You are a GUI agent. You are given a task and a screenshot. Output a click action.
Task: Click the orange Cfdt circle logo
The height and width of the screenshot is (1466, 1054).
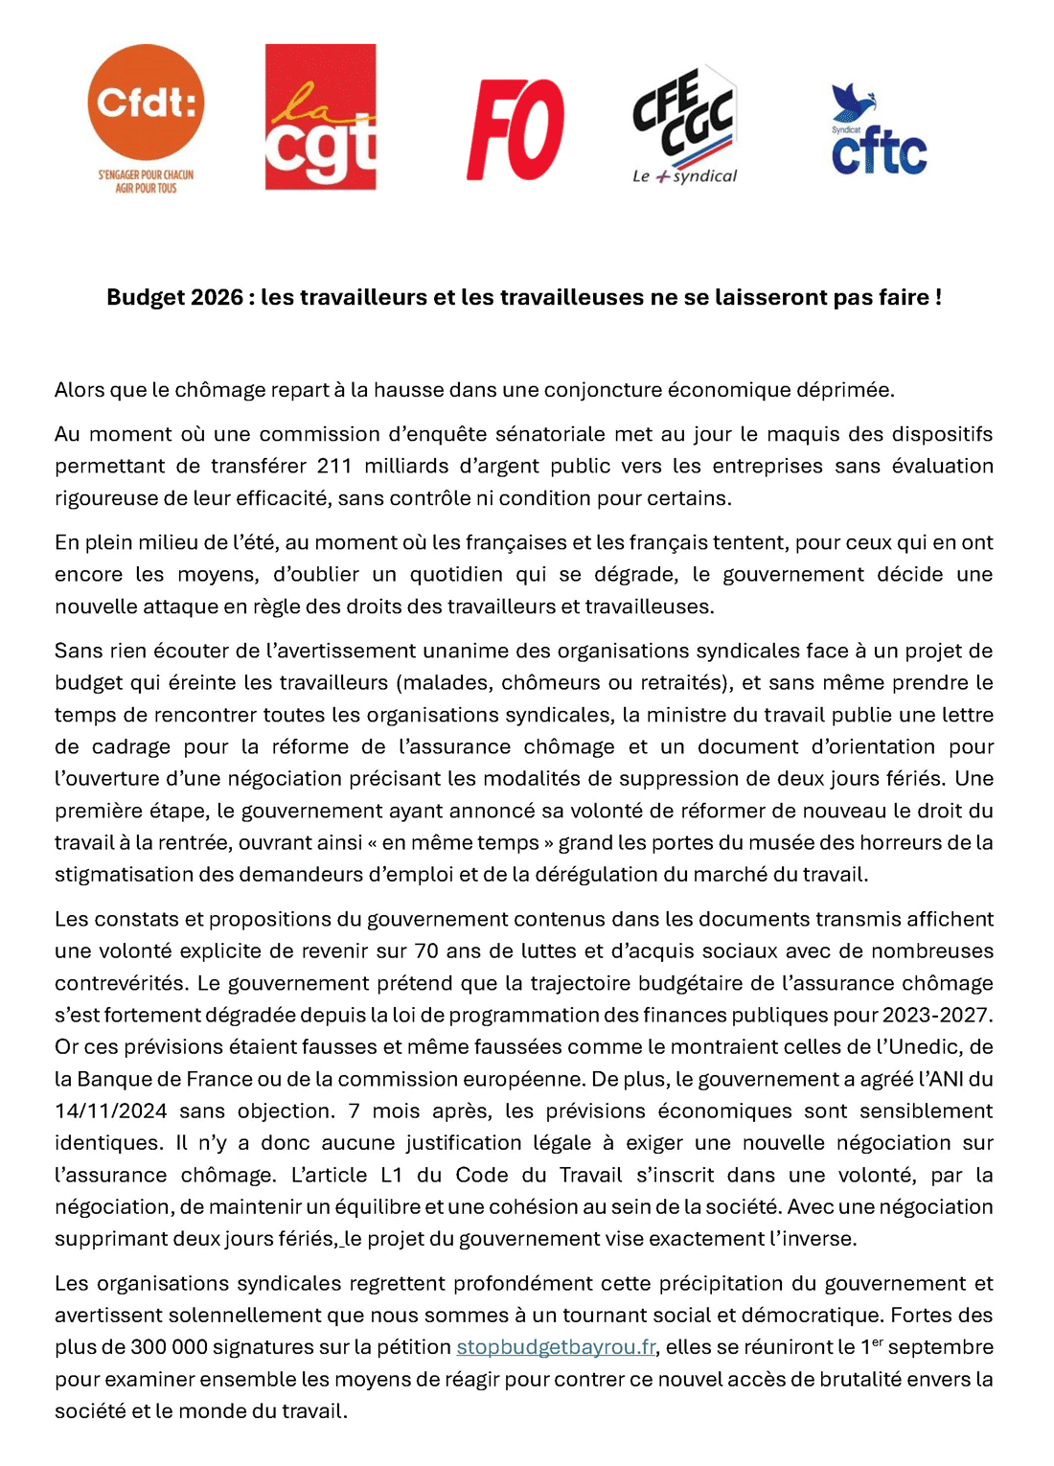click(x=146, y=102)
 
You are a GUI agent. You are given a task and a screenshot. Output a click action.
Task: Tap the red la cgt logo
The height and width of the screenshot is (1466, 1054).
click(x=320, y=117)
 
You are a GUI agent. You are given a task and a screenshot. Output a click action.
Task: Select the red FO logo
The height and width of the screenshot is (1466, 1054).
click(x=516, y=129)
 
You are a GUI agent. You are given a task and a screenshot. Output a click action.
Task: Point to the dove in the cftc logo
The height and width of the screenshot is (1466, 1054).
click(x=852, y=100)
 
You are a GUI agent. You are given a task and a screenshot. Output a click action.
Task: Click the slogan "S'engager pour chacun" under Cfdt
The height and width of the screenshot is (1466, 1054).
click(x=146, y=175)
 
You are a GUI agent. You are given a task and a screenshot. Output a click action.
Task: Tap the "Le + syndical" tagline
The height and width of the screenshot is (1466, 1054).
click(x=684, y=176)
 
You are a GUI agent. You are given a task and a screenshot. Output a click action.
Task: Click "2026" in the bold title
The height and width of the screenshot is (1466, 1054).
click(x=217, y=297)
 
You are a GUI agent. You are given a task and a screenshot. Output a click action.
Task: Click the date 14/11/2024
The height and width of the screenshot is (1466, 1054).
click(x=110, y=1111)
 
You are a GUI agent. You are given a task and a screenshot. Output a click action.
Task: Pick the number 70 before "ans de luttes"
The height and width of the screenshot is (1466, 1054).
click(x=425, y=951)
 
